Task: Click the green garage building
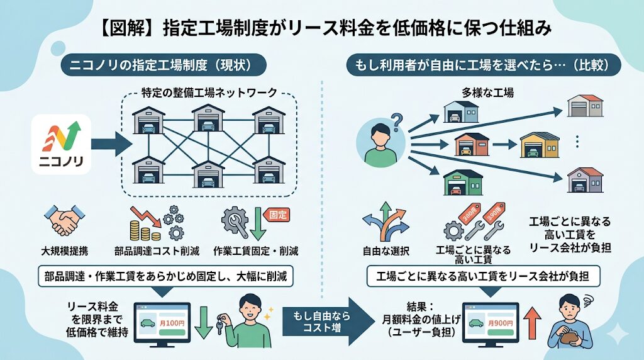[x=462, y=183]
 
